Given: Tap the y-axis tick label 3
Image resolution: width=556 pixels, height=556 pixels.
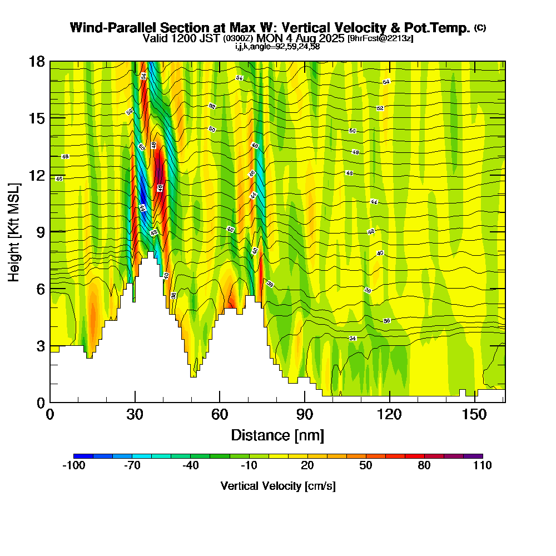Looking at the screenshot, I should [x=39, y=345].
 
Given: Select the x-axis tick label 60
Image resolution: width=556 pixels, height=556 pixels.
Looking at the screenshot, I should [x=220, y=414].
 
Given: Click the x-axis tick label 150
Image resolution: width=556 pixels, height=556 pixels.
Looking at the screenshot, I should [x=475, y=414].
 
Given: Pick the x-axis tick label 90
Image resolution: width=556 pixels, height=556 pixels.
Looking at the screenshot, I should [x=305, y=414].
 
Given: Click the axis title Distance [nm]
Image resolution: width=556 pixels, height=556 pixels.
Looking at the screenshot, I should [x=277, y=434].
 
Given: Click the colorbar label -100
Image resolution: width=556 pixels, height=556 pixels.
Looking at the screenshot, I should [x=73, y=466].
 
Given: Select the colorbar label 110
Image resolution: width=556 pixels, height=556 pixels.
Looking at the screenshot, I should [x=482, y=466].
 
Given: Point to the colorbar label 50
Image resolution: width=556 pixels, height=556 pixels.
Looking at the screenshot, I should [x=365, y=466].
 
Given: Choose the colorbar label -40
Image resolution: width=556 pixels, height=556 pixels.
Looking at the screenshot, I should [x=190, y=466].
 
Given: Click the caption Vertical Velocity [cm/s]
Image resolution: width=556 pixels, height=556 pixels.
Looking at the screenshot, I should [x=277, y=486].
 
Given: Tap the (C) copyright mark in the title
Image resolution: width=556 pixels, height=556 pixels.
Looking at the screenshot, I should [x=480, y=28].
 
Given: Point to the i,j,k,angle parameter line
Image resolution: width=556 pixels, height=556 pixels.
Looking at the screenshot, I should [x=277, y=46].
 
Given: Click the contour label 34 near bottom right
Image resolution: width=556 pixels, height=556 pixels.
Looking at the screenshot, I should [x=353, y=338].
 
